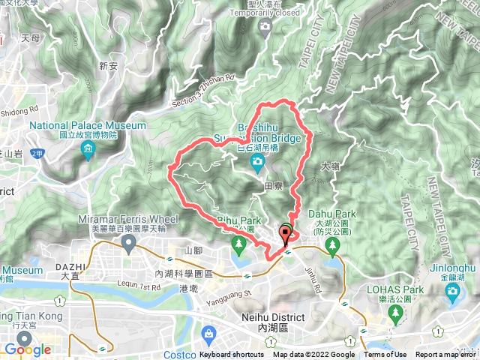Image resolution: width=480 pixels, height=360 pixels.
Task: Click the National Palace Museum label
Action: coord(88,125)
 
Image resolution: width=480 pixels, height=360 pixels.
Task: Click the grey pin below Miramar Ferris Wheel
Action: coord(128,242)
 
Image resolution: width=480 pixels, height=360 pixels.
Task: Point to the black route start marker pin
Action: coord(286,235)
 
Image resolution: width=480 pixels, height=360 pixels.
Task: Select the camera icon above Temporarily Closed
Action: coord(264,27)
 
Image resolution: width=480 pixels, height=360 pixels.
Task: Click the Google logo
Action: coord(27,349)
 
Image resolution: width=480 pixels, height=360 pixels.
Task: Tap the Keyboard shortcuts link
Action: coord(232,355)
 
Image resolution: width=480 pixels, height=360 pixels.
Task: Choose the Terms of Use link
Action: coord(385,355)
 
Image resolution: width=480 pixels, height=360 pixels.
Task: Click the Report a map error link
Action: coord(445,355)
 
